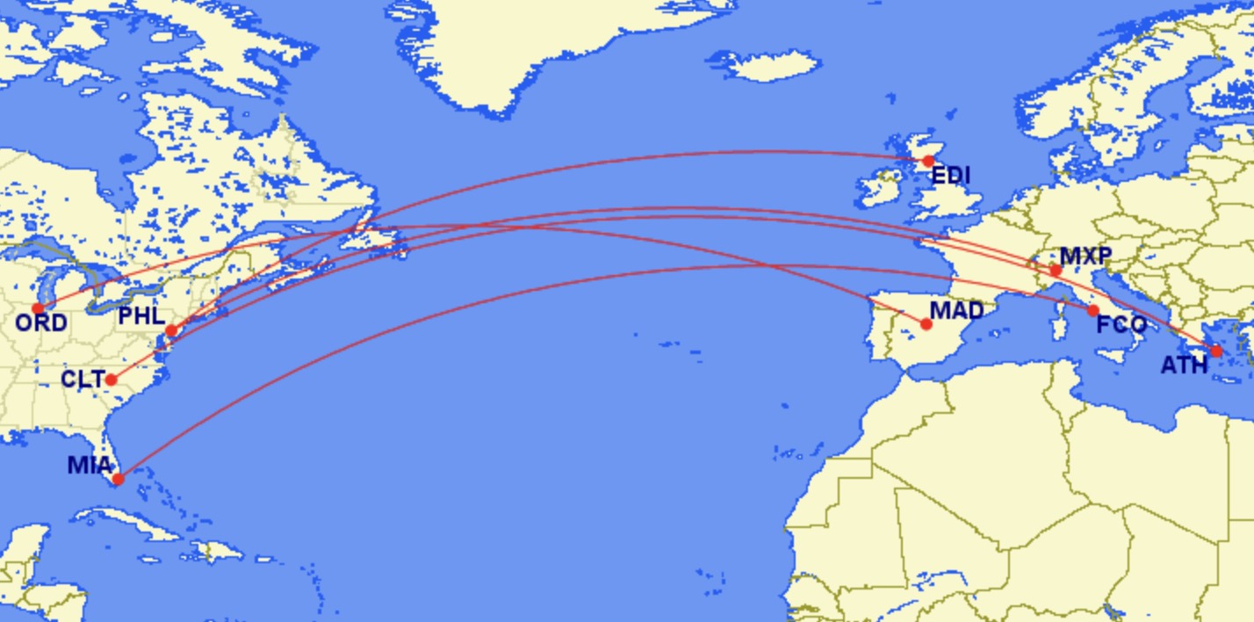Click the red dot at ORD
click(38, 308)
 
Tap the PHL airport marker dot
click(171, 330)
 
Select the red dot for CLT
click(112, 380)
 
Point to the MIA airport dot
click(118, 479)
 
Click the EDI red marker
click(928, 161)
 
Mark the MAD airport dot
click(926, 324)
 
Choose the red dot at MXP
click(1056, 271)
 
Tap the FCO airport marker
click(1092, 310)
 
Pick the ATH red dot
click(1216, 351)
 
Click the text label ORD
click(41, 323)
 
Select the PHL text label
click(141, 316)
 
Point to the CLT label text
click(83, 380)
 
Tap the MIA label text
click(90, 465)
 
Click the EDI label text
click(951, 176)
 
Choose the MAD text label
click(956, 310)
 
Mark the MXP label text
click(1086, 257)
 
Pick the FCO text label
click(1121, 325)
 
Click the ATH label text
click(1184, 365)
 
